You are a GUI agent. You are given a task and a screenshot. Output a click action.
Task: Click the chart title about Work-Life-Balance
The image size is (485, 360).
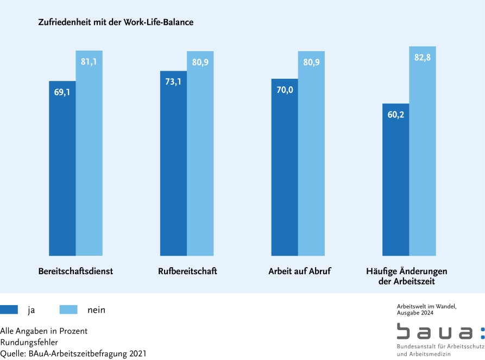[116, 23]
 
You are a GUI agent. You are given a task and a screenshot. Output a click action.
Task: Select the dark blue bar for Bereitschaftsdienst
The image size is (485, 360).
[62, 168]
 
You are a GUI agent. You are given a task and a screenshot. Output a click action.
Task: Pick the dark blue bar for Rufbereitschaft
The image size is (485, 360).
[173, 163]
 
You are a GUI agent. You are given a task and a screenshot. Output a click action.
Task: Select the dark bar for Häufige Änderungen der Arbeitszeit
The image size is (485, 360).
[395, 179]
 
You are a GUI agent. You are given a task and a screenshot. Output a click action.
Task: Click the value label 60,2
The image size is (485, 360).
[395, 115]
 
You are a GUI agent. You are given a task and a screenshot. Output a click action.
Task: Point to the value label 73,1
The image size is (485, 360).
[173, 82]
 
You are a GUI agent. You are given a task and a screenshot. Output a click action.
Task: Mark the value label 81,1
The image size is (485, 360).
[89, 62]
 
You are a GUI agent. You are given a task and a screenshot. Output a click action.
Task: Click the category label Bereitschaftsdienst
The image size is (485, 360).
[75, 271]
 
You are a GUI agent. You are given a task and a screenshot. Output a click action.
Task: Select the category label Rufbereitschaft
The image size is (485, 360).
[187, 271]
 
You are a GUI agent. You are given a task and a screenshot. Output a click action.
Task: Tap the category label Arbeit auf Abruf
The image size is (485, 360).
[299, 271]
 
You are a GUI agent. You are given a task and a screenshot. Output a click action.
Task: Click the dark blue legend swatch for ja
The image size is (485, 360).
[9, 310]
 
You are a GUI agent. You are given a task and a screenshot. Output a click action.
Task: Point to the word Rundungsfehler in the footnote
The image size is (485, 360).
[29, 342]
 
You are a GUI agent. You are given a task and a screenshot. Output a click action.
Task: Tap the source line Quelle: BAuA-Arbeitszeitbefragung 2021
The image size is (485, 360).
[73, 353]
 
